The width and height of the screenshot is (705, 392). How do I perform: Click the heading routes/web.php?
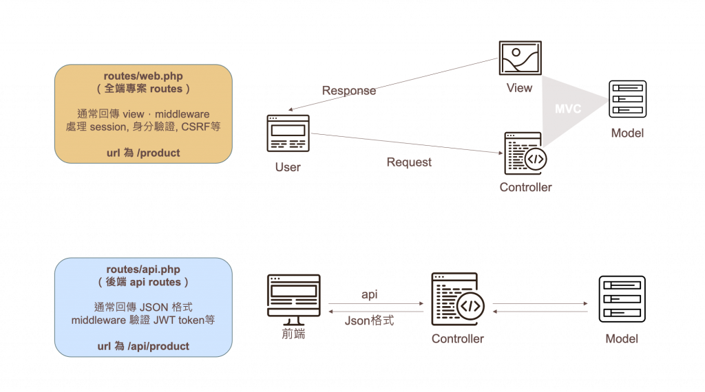[x=143, y=76]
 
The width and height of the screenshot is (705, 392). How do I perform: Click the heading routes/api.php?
[x=143, y=269]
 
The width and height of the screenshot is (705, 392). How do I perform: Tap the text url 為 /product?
[x=143, y=153]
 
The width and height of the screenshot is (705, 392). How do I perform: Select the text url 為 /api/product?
[x=143, y=346]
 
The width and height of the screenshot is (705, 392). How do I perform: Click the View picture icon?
[x=520, y=58]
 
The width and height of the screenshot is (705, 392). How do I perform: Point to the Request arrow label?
[x=409, y=162]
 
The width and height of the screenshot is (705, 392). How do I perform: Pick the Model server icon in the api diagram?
[x=622, y=299]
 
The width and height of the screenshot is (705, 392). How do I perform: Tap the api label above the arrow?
[x=370, y=295]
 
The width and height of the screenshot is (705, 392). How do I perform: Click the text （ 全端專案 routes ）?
[x=143, y=89]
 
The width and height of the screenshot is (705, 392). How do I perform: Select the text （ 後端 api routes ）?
[x=143, y=282]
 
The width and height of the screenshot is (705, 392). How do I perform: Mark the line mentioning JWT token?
[x=143, y=320]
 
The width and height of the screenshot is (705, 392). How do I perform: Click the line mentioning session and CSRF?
[x=143, y=127]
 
